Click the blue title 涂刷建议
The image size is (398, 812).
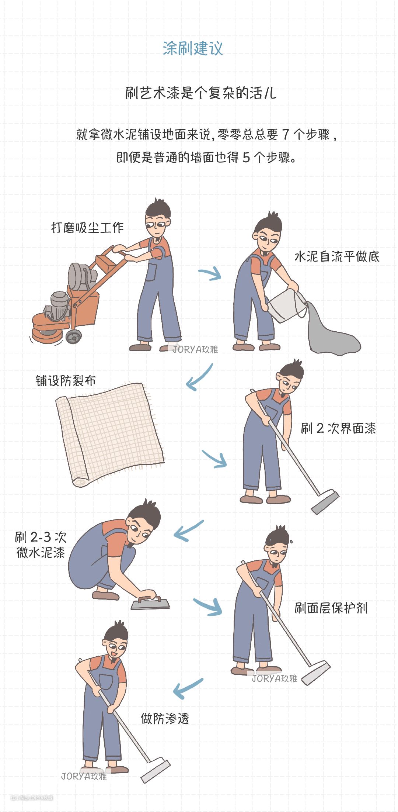(x=193, y=48)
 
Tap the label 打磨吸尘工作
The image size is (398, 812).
(x=87, y=228)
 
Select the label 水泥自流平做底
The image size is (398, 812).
(x=337, y=256)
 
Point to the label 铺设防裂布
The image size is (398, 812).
(x=66, y=380)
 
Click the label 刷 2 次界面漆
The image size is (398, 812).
(x=338, y=428)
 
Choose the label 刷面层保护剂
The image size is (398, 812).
(x=331, y=608)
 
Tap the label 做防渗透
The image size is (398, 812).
(x=165, y=718)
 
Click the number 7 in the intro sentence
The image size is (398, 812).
(x=285, y=135)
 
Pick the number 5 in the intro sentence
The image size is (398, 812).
(x=246, y=158)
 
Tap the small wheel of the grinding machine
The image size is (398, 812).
(x=73, y=336)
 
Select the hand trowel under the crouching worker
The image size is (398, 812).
(x=150, y=602)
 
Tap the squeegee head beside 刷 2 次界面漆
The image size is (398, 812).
(x=325, y=502)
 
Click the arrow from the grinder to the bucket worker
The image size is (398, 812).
(x=210, y=274)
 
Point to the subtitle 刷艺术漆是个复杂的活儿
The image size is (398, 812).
(x=200, y=93)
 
